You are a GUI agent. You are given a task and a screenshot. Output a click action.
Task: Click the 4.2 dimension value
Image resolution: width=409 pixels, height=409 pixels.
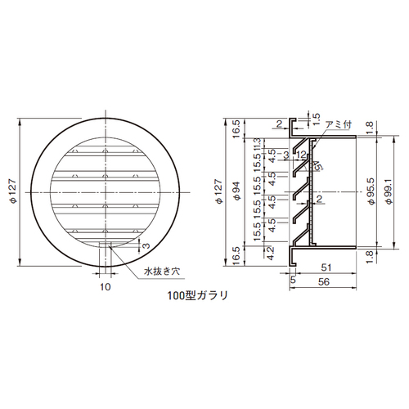pyautogui.click(x=268, y=252)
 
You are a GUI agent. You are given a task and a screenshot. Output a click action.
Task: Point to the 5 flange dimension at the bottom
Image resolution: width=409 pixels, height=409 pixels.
pyautogui.click(x=293, y=280)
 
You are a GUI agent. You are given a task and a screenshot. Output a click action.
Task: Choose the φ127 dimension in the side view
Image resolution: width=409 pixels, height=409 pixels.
pyautogui.click(x=220, y=196)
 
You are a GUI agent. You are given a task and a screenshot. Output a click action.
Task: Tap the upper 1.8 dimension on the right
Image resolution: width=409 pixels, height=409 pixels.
pyautogui.click(x=371, y=125)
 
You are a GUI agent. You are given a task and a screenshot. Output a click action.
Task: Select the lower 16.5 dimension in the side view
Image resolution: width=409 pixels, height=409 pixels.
pyautogui.click(x=235, y=255)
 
